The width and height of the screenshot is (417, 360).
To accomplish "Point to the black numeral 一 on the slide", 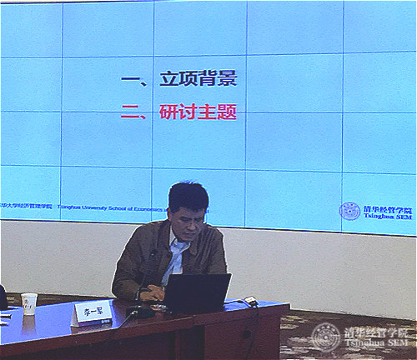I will [x=129, y=80].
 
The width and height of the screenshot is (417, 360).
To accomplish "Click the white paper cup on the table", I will [x=29, y=303].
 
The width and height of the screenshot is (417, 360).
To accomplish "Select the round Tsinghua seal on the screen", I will [x=349, y=211].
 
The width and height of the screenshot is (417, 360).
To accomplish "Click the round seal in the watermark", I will [x=326, y=337].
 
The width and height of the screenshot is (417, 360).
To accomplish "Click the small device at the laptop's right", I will [x=248, y=301].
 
